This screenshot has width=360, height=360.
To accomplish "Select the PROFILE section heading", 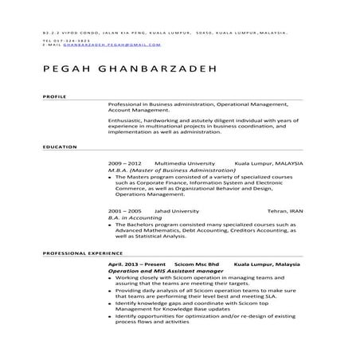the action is (x=53, y=96).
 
